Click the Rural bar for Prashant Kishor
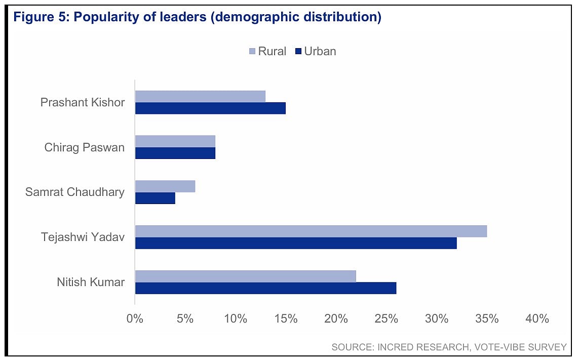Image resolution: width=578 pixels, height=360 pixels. point(200,96)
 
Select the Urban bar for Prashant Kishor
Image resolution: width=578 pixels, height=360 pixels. point(210,108)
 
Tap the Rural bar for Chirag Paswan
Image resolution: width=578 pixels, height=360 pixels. point(175,141)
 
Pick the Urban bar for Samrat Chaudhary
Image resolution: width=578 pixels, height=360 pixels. point(155,198)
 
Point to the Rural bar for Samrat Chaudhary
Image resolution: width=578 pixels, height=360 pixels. point(165,186)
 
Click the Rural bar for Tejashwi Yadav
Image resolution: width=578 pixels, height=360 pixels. point(311,231)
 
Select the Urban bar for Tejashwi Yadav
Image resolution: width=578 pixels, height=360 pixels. point(296,243)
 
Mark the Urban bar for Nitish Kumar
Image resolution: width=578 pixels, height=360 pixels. point(265,288)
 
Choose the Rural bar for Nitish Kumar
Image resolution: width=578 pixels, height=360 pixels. point(246,276)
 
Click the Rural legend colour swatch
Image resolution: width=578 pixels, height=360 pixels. point(252,51)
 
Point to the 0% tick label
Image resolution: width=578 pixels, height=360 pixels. point(135,319)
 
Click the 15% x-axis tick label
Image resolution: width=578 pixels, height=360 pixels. point(286,319)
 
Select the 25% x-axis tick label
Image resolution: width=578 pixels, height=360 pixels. point(387,319)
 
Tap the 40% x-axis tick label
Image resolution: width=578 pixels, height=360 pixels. point(537,319)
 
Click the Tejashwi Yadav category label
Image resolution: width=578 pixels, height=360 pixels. point(83,237)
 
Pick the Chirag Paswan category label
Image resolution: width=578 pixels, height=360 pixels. point(84,147)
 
